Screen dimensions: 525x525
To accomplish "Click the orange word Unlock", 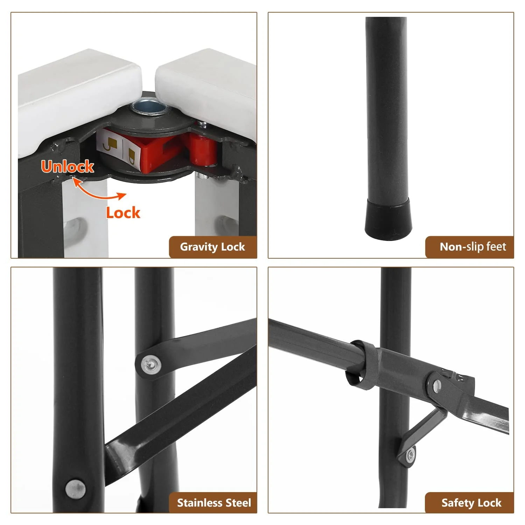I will point(68,166).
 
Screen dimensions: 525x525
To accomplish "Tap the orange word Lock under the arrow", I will point(123,213).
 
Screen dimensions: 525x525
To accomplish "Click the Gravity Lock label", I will point(212,247).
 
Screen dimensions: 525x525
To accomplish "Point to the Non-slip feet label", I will point(472,247).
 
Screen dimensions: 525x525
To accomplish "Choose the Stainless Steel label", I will point(214,503).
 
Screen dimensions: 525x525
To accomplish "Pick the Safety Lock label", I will point(471,503).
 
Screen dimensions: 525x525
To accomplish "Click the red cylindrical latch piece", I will point(203,149).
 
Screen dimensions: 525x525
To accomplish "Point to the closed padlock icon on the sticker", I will point(132,154).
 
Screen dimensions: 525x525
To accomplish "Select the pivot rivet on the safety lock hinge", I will point(437,386).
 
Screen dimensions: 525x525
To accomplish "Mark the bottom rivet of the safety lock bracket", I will point(410,455).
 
